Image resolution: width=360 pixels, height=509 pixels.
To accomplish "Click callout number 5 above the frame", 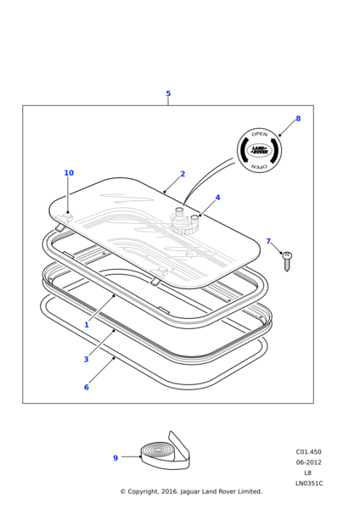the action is pyautogui.click(x=168, y=93).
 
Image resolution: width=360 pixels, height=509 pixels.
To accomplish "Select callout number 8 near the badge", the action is pyautogui.click(x=298, y=119).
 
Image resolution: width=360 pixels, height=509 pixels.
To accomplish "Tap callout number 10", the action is pyautogui.click(x=69, y=173).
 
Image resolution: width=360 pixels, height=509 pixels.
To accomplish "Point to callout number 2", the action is pyautogui.click(x=183, y=174).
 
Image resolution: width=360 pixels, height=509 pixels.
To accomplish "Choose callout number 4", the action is pyautogui.click(x=217, y=198).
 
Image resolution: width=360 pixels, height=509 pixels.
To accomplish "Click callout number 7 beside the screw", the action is pyautogui.click(x=268, y=241).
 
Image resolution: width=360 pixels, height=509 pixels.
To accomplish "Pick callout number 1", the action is pyautogui.click(x=87, y=325).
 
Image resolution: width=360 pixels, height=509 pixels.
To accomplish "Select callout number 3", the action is pyautogui.click(x=86, y=359).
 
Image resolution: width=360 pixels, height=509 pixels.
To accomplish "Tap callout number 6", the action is pyautogui.click(x=87, y=387).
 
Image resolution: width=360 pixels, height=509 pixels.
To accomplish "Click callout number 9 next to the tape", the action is pyautogui.click(x=115, y=458).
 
